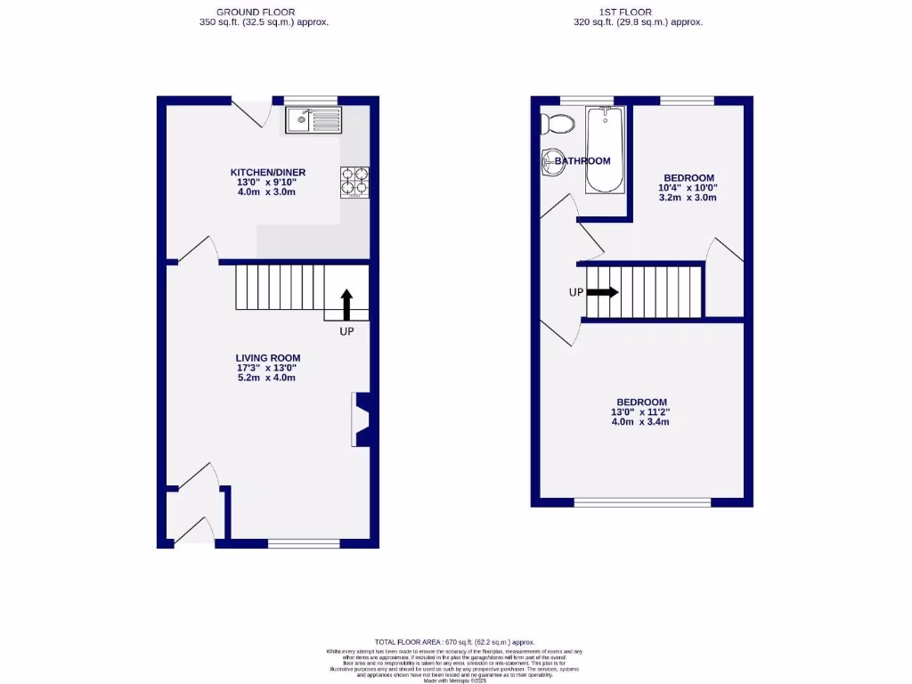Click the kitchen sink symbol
click(x=313, y=119)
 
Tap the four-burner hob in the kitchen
click(x=354, y=182)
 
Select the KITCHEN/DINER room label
click(x=267, y=172)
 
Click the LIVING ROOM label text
click(x=267, y=358)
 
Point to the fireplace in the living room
click(x=362, y=419)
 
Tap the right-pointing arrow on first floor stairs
click(x=602, y=292)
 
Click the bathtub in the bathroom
click(x=606, y=149)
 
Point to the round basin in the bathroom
click(x=550, y=162)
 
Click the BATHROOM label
click(x=582, y=161)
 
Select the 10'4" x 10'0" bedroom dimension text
click(x=687, y=188)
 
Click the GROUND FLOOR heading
click(x=264, y=12)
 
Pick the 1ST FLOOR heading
click(x=638, y=12)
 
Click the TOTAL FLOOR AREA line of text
click(x=454, y=642)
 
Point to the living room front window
click(x=304, y=543)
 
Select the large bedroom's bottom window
click(x=642, y=503)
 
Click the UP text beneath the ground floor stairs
click(x=346, y=331)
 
